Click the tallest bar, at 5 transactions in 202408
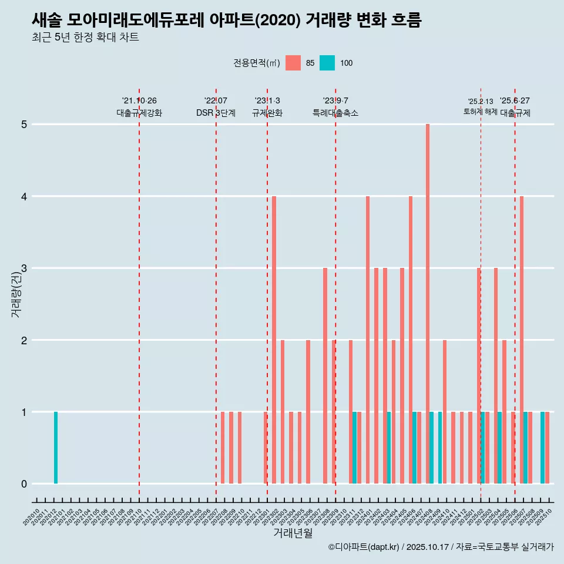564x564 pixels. [x=428, y=304]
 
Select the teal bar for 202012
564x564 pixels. [x=56, y=448]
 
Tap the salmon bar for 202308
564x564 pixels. [x=325, y=376]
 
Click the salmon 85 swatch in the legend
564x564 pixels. [x=293, y=63]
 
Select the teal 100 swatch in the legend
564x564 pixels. [x=327, y=63]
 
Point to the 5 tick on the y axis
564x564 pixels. [x=24, y=125]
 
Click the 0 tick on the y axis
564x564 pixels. [x=24, y=484]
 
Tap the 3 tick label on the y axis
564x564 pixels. [x=24, y=268]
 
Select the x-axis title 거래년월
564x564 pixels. [x=293, y=533]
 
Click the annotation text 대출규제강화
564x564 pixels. [x=139, y=113]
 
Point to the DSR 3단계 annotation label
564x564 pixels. [x=216, y=113]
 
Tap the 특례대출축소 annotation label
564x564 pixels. [x=335, y=113]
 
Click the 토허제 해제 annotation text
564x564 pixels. [x=481, y=112]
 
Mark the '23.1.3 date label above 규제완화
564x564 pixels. [x=267, y=100]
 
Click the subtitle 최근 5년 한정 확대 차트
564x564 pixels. [x=86, y=38]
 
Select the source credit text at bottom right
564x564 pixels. [x=441, y=547]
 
